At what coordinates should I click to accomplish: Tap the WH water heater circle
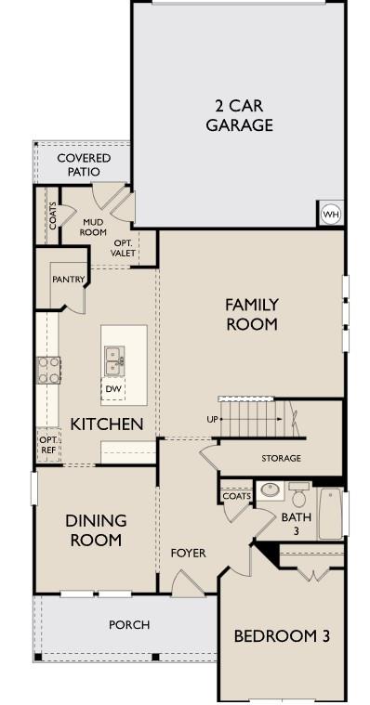[330, 215]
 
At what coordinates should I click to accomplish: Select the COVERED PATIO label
[84, 164]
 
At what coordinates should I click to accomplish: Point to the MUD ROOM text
[94, 227]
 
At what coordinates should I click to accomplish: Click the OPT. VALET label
[123, 247]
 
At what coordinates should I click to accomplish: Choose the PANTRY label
[69, 279]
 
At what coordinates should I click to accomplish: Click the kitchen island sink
[114, 356]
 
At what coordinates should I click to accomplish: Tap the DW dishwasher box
[113, 389]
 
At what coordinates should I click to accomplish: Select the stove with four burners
[48, 370]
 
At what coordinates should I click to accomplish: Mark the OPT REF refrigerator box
[47, 442]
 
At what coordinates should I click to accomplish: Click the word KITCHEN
[107, 424]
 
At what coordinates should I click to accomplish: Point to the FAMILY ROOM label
[251, 314]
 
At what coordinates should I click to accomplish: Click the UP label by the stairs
[212, 420]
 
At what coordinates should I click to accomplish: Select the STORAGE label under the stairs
[281, 458]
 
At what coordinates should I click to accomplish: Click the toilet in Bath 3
[298, 495]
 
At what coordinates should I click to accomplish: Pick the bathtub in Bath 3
[331, 514]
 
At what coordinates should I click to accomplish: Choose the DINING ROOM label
[96, 529]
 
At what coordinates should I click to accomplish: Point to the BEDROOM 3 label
[281, 636]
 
